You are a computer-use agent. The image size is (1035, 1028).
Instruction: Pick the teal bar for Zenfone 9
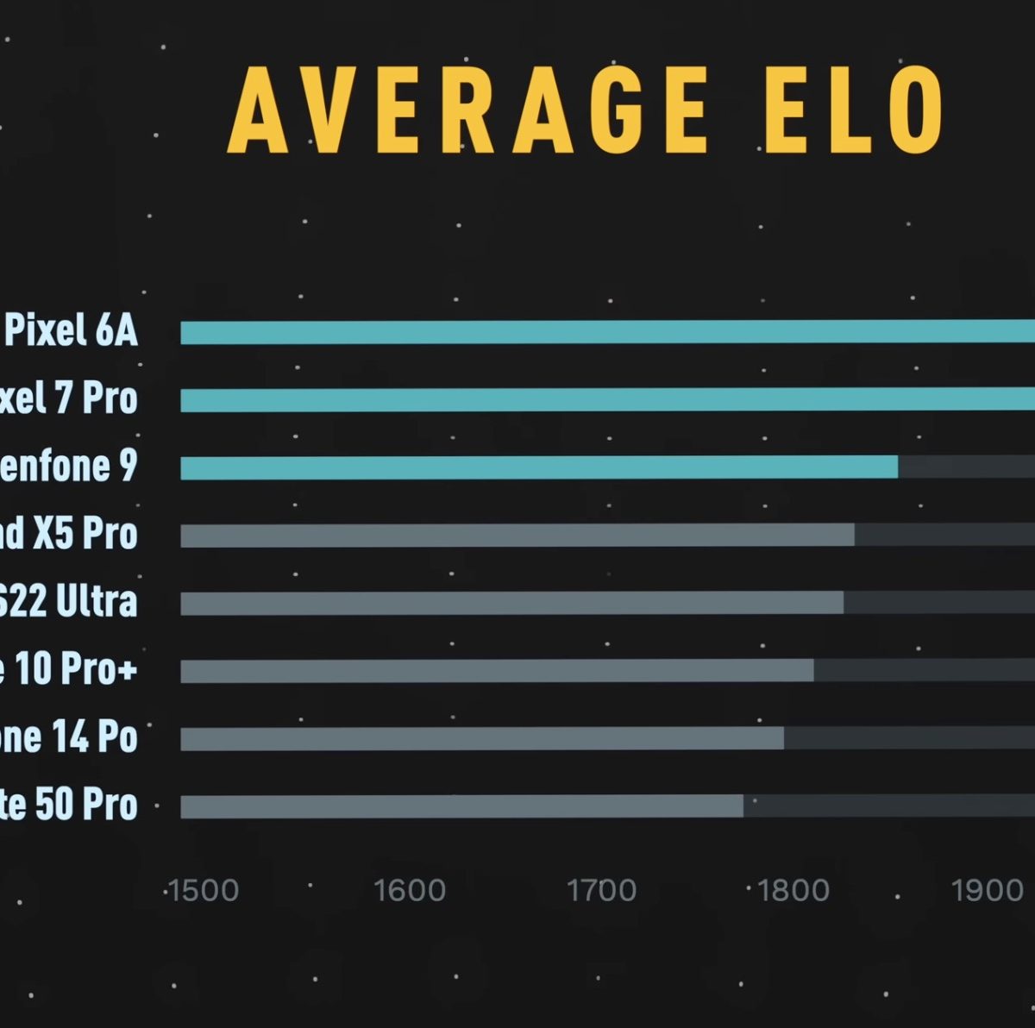coord(539,467)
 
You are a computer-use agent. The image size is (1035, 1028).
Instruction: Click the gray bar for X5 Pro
coord(517,535)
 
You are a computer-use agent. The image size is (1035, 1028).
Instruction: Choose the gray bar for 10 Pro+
coord(497,670)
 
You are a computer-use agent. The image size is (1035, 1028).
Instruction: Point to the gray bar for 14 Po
coord(482,738)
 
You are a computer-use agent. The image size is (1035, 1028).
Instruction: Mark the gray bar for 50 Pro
coord(461,806)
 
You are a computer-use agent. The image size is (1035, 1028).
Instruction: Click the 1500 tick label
coord(202,891)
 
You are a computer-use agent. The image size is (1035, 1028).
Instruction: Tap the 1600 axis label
coord(410,891)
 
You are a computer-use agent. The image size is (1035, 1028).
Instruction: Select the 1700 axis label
coord(601,891)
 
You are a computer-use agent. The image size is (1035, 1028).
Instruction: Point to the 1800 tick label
coord(793,891)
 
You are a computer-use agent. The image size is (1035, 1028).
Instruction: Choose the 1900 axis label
coord(987,891)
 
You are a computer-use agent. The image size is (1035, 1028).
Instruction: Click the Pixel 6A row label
coord(71,331)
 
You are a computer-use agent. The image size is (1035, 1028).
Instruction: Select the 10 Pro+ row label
coord(69,669)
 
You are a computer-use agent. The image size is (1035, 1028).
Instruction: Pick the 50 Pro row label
coord(69,805)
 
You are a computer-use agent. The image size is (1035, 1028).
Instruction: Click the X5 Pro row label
coord(69,535)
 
